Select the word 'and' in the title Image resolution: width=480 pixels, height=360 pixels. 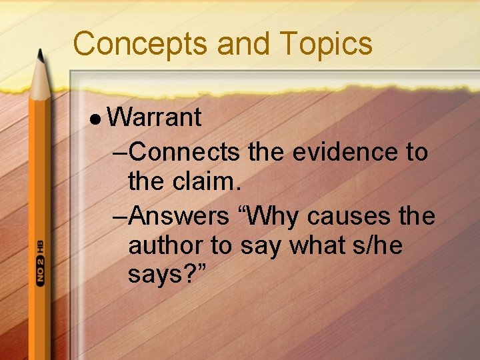point(242,43)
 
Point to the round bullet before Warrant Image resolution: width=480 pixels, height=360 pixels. point(97,119)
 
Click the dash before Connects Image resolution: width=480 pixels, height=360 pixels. point(121,153)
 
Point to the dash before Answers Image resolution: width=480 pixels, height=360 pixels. point(121,216)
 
